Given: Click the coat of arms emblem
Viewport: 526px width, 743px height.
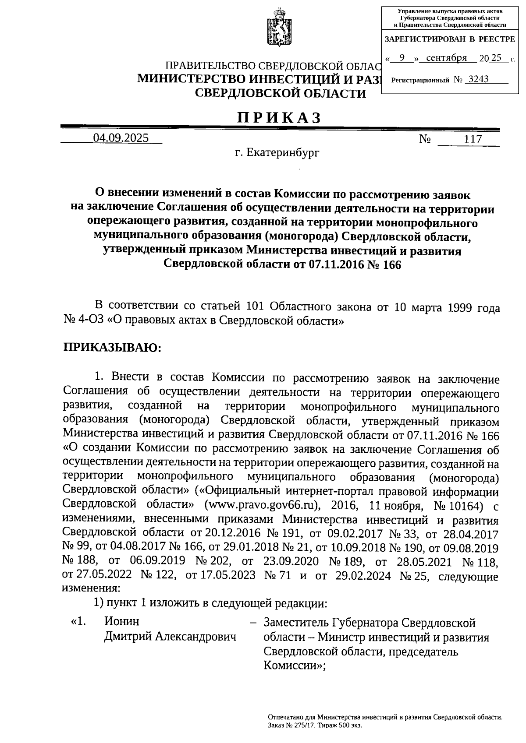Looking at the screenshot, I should [x=278, y=27].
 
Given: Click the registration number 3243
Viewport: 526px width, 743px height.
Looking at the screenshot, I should [x=479, y=80].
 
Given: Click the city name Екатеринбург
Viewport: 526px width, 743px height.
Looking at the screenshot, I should [x=283, y=153].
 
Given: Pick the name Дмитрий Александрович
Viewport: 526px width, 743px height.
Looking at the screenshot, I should [x=170, y=636].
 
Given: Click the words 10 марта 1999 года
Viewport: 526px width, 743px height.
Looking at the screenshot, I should [x=447, y=308].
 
